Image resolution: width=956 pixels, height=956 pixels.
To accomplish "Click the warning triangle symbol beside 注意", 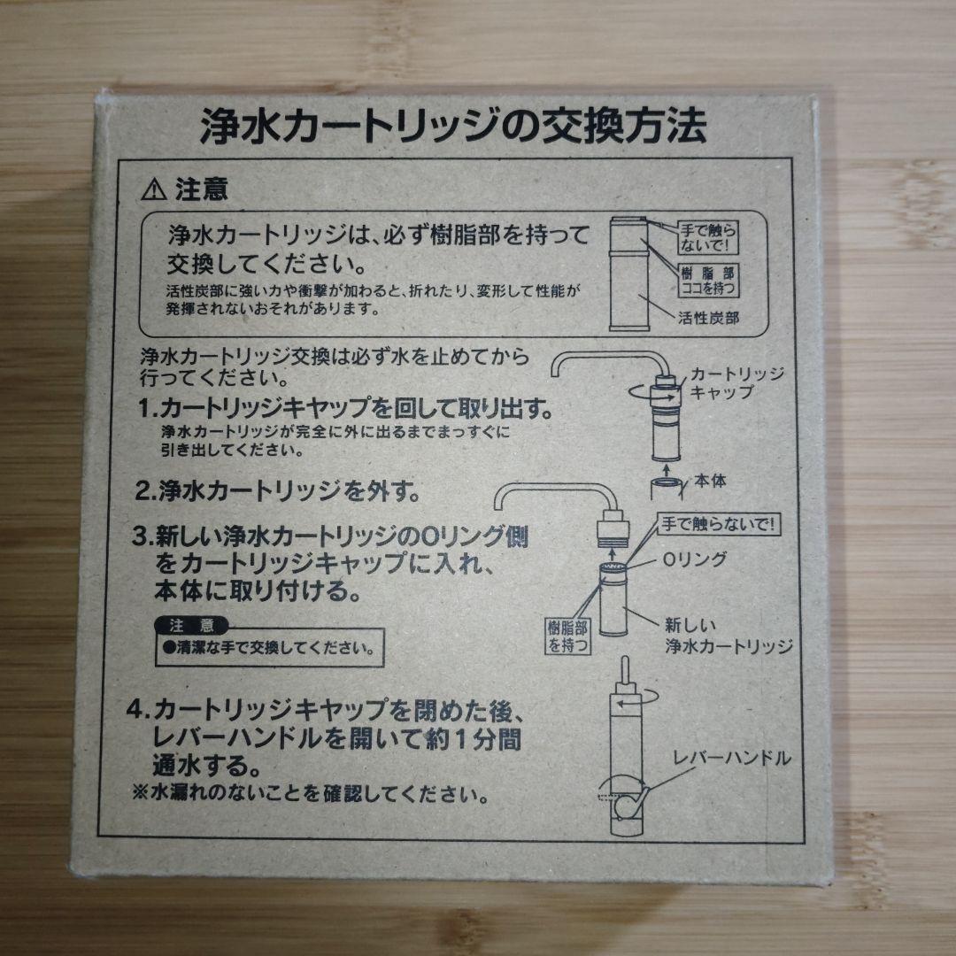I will coord(154,189).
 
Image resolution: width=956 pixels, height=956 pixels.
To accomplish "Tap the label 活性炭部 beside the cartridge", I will coord(708,317).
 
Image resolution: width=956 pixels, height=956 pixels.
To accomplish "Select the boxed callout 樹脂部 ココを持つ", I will coord(707,280).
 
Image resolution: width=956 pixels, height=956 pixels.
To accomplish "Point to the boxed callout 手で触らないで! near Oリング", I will coord(718,523).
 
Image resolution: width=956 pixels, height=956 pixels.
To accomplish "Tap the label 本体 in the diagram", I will coord(711,482).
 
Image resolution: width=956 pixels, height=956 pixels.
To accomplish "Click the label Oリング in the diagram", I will coord(695,559).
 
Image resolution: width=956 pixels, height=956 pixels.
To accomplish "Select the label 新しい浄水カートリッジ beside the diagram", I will coord(728,635).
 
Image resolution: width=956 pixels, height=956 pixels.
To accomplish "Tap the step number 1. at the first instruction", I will coord(148,412).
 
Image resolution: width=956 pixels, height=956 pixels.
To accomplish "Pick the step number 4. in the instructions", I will coord(139,711).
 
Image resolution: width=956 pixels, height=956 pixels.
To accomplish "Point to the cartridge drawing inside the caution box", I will coord(631,274).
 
